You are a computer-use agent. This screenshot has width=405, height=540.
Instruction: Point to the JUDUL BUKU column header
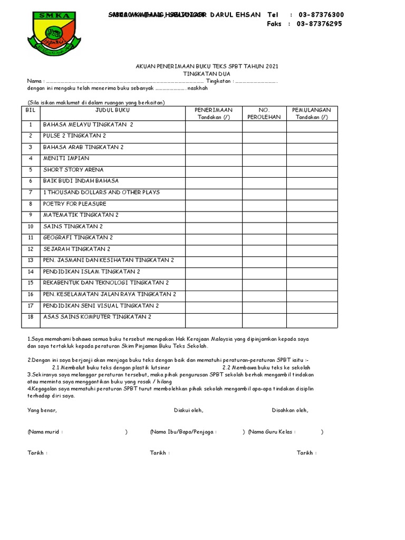[x=112, y=110]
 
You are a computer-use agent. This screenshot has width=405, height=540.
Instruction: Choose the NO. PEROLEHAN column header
[x=264, y=113]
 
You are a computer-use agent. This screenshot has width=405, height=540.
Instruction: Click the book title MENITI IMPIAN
[x=66, y=158]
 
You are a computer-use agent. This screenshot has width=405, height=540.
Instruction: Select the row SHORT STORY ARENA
[x=73, y=170]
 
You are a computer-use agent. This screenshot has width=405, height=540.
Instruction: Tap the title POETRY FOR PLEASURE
[x=74, y=204]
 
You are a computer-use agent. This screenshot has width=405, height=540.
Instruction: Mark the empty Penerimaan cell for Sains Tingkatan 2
[x=214, y=227]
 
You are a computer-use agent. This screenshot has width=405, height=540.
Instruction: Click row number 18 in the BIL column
[x=31, y=316]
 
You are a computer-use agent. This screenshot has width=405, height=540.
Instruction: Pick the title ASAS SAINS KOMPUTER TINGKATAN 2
[x=97, y=316]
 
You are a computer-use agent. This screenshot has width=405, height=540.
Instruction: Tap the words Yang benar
[x=42, y=410]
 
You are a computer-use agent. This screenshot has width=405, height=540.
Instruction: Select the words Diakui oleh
[x=188, y=410]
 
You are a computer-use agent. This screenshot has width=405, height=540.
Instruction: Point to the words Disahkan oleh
[x=290, y=410]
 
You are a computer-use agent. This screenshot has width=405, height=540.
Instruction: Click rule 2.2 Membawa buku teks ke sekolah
[x=266, y=368]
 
